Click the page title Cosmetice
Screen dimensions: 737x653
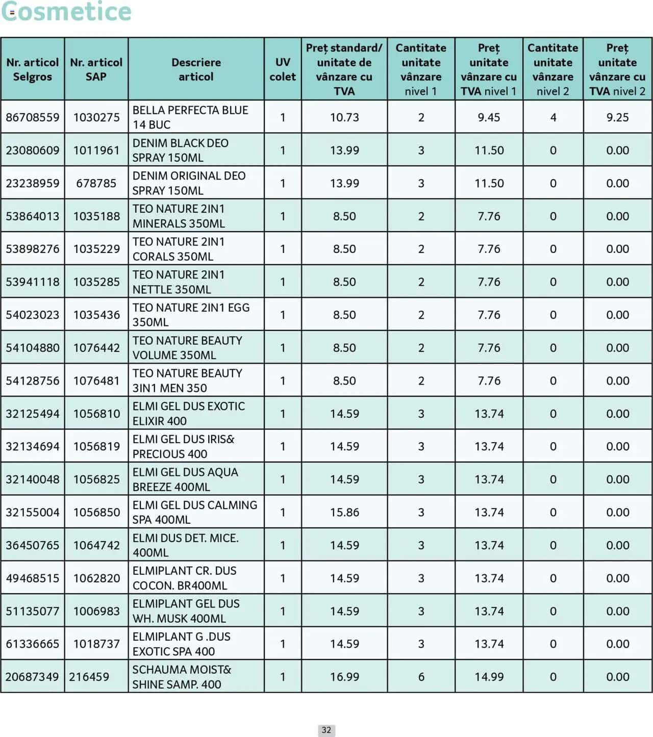(66, 12)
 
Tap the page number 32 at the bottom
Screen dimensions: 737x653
(326, 730)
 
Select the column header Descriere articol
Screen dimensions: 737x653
(196, 69)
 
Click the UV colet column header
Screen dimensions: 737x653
(282, 69)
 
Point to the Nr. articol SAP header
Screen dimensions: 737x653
(96, 69)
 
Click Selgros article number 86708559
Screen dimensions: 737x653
(32, 117)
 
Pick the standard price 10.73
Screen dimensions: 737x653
(344, 117)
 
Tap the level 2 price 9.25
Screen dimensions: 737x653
(617, 117)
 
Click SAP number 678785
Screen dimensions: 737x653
(96, 183)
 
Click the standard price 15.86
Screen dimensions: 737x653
(344, 512)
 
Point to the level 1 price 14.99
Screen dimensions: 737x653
(489, 677)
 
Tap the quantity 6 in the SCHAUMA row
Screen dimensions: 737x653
(421, 677)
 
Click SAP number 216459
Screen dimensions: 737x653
(89, 677)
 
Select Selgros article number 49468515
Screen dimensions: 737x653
(32, 578)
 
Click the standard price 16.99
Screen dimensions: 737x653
(344, 677)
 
